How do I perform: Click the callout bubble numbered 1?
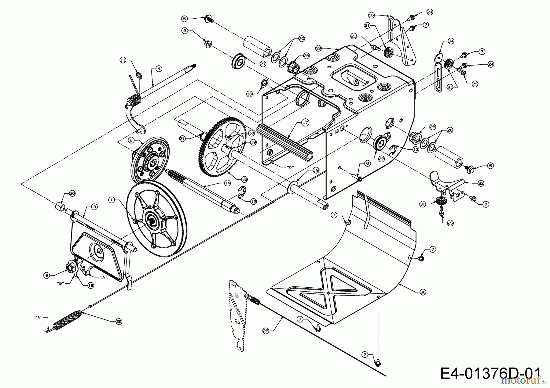tap(112, 200)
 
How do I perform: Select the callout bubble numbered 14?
tap(227, 183)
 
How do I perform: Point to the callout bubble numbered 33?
tap(319, 48)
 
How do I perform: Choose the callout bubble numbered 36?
tap(423, 292)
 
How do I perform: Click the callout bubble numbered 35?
tap(371, 15)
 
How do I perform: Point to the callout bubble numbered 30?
tap(72, 193)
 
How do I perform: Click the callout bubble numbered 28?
tap(265, 330)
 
